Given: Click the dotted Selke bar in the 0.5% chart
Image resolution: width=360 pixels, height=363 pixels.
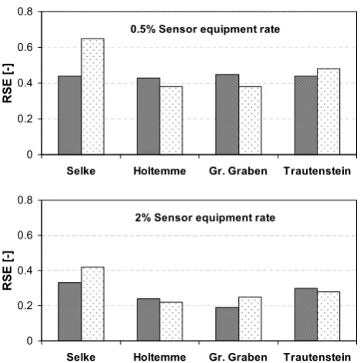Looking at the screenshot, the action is tap(93, 96).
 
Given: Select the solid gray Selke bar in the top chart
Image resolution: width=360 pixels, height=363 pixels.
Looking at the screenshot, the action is tap(69, 115).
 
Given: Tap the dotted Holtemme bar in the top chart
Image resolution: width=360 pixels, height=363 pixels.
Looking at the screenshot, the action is tap(171, 120).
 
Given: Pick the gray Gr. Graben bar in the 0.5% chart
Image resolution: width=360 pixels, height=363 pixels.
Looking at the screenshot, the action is tap(227, 114).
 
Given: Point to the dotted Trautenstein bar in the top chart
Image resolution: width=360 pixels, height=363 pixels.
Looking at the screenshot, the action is tap(328, 112).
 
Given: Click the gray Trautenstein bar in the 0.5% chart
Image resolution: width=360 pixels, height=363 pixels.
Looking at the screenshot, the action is tap(306, 115).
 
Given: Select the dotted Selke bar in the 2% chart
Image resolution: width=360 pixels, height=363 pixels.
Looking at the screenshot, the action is tap(93, 304).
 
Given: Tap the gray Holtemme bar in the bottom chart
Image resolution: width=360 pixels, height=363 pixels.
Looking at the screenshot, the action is tap(149, 320).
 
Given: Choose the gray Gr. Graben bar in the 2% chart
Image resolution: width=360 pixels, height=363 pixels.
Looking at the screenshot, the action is tap(227, 324).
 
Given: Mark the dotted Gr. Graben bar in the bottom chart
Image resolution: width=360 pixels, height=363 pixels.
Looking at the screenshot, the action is tap(250, 319).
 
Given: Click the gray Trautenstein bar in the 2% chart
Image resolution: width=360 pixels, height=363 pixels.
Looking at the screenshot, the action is tap(306, 314).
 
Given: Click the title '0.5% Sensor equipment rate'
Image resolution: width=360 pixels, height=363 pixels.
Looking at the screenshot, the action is tap(205, 29).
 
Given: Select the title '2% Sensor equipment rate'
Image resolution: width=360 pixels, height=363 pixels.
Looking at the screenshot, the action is tap(205, 218).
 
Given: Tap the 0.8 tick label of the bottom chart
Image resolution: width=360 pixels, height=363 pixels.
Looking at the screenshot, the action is tap(25, 200).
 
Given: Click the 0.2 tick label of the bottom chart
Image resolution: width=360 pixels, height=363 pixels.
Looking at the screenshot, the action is tap(25, 306).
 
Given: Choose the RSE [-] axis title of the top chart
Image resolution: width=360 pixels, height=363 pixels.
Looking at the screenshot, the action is tap(7, 83).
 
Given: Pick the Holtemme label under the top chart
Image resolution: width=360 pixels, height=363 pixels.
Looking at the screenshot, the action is tap(160, 171).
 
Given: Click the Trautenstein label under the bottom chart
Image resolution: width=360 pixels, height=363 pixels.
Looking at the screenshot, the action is tap(317, 357).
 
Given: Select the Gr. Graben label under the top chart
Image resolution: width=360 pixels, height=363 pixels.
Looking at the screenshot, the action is tap(238, 171).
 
